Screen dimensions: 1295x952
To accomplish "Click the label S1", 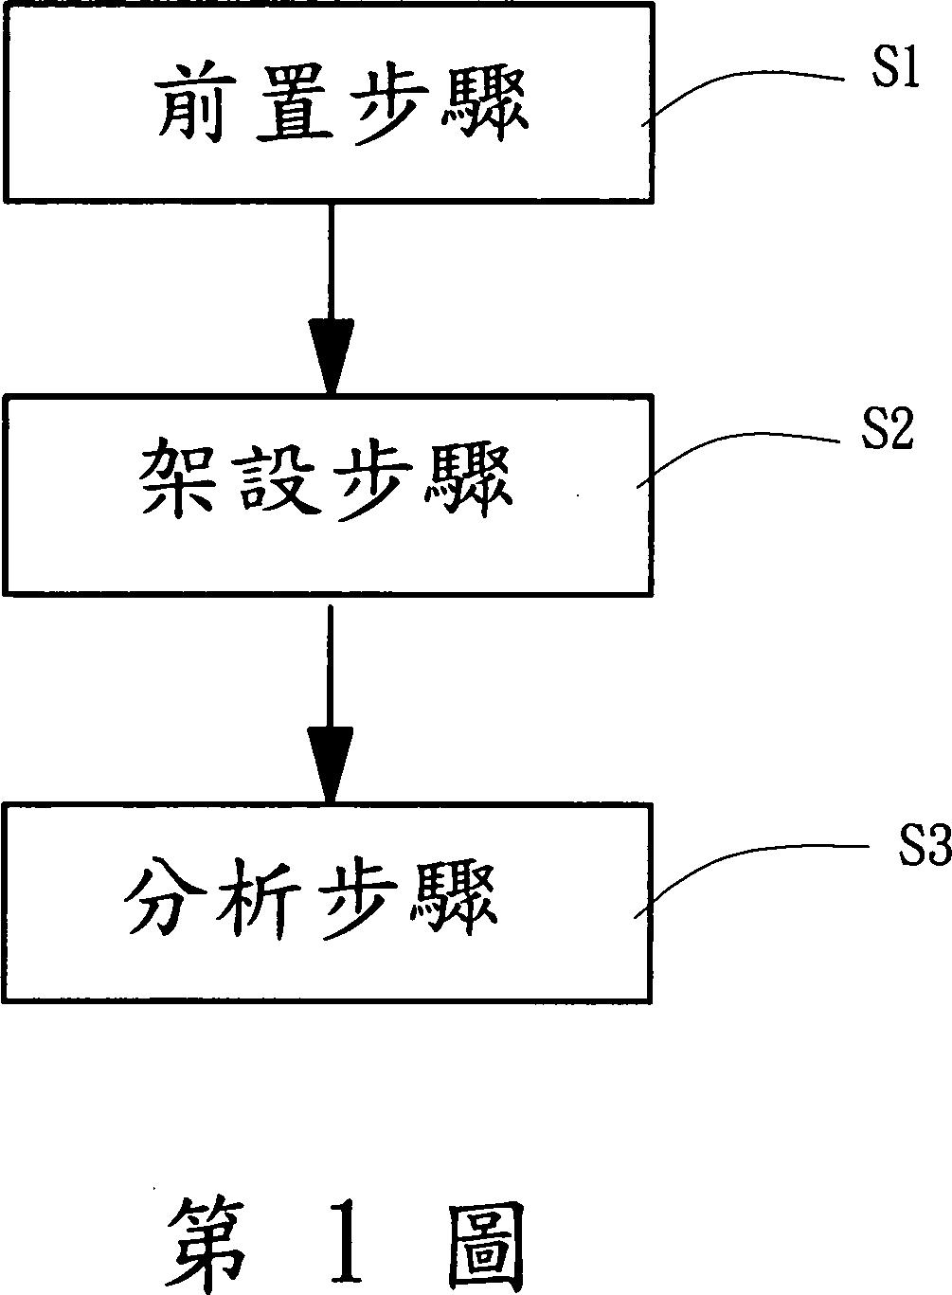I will (895, 72).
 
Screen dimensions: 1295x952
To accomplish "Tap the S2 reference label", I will (886, 431).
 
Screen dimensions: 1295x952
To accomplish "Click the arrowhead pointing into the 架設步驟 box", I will (331, 357).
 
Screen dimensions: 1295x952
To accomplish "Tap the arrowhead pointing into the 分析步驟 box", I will (330, 764).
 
